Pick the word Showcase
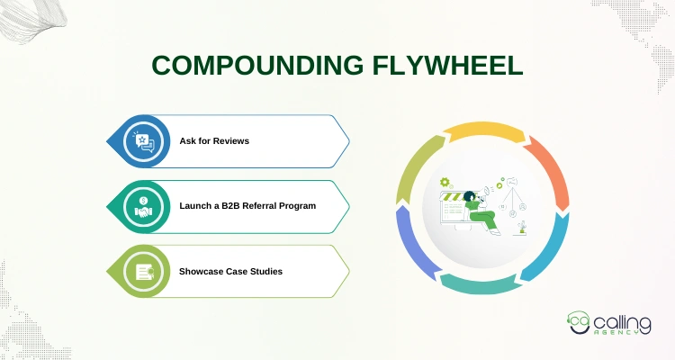click(x=201, y=271)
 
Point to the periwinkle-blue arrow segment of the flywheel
click(x=414, y=253)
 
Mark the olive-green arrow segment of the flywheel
click(x=412, y=171)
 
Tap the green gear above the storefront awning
click(x=444, y=181)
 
